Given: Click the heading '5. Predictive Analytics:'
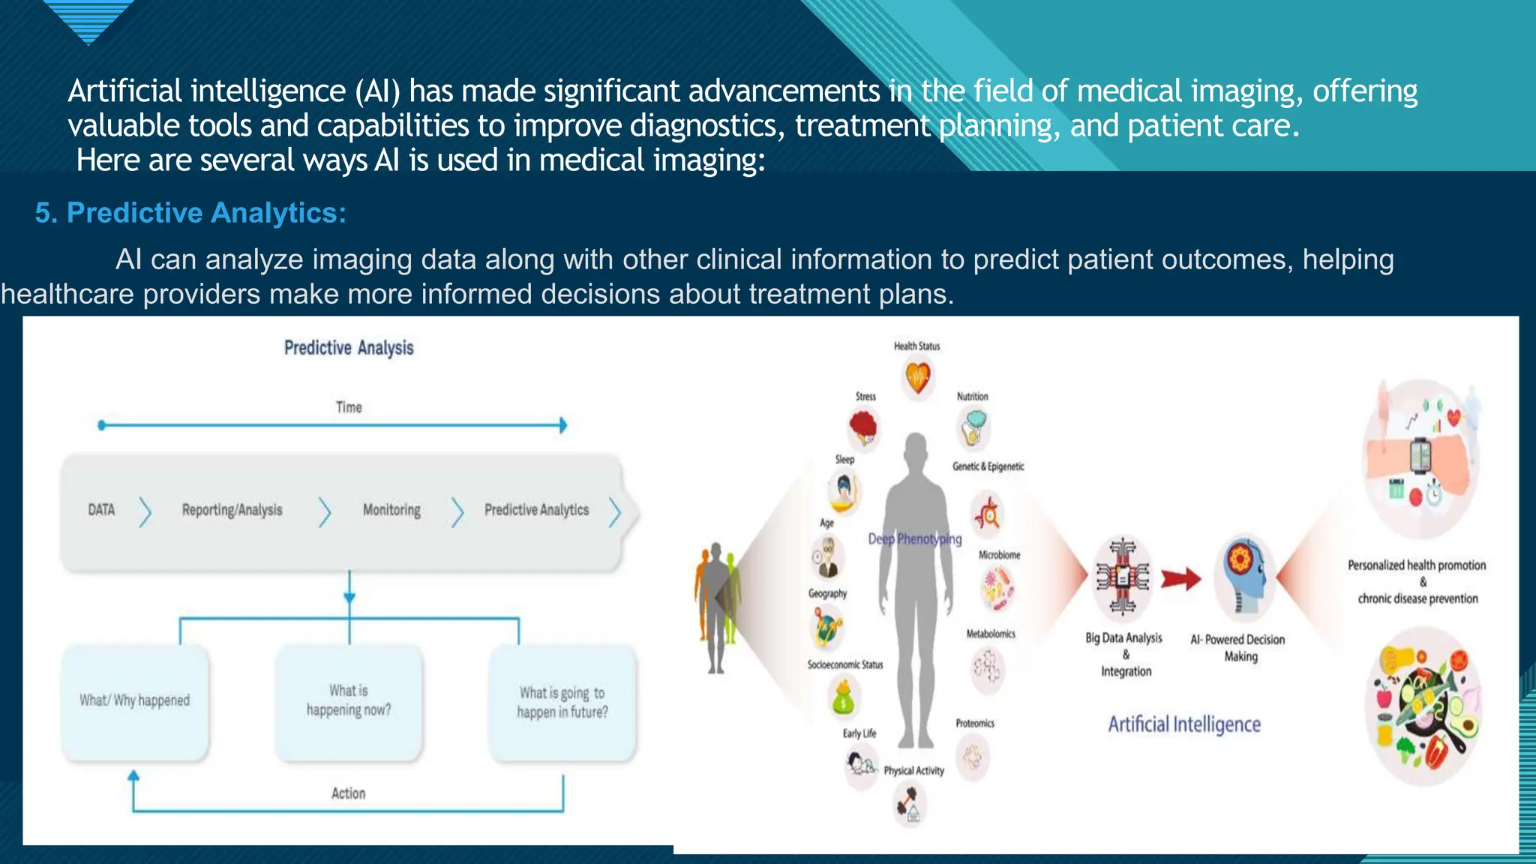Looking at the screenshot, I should [190, 213].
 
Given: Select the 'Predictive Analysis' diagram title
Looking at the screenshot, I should [349, 348].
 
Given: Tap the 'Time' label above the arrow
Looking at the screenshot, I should [349, 407].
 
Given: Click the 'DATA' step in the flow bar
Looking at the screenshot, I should [101, 510].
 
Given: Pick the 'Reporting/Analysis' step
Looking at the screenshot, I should [232, 510].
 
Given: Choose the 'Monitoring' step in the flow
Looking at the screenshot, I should [391, 510].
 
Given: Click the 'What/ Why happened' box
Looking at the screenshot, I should [135, 700].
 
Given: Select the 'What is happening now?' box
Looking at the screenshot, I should [349, 700].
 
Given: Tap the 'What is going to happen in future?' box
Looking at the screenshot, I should [562, 703].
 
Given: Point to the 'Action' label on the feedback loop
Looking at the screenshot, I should [349, 793].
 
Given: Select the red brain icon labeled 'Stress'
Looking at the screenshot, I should [864, 428].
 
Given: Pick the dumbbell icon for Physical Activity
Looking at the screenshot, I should [910, 804].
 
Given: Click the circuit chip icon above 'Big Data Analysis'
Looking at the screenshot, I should [1123, 577].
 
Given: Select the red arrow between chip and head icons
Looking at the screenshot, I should [1181, 579].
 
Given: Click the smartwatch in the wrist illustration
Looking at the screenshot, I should [1420, 454].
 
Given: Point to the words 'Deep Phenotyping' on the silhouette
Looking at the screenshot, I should [915, 538].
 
